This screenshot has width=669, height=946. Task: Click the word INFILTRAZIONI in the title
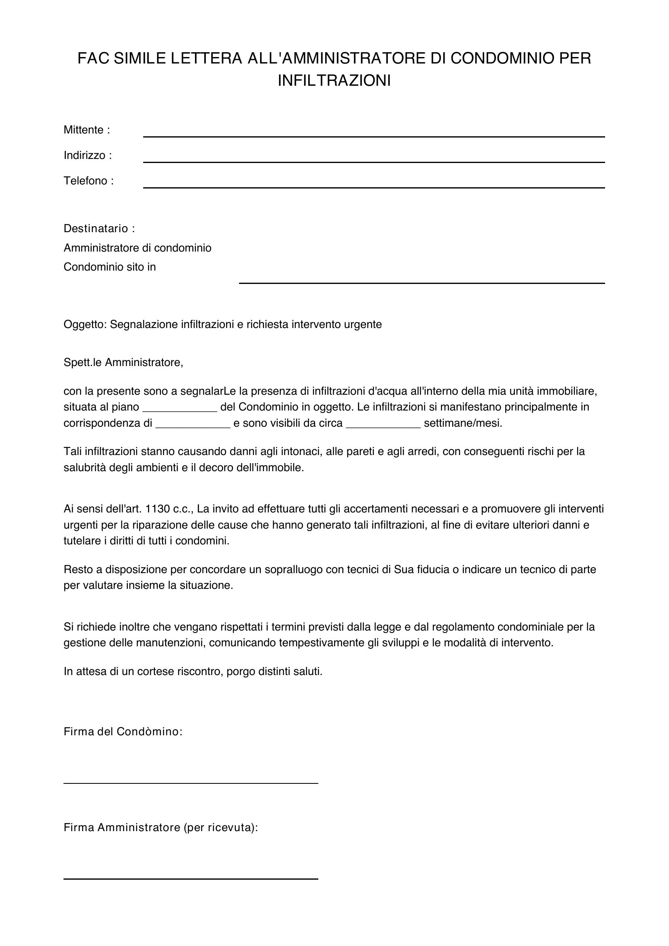334,80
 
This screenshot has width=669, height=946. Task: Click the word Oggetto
85,325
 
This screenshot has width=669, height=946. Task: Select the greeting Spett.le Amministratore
123,362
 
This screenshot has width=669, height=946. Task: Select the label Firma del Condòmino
123,732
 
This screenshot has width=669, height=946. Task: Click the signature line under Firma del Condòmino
191,783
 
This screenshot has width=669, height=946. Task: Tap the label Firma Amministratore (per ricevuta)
161,828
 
